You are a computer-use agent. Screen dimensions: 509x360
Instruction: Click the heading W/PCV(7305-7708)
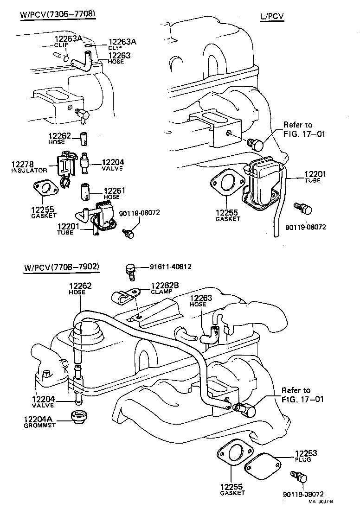tap(58, 14)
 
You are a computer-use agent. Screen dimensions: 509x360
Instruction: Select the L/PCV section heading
tap(271, 17)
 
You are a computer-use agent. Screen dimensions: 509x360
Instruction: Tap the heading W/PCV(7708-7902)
tap(62, 267)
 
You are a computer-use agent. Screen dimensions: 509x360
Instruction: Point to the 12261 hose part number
tap(112, 191)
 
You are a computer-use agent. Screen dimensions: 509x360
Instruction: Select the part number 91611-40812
tap(170, 267)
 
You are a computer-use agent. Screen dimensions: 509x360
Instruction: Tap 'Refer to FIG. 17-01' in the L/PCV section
tap(304, 129)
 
